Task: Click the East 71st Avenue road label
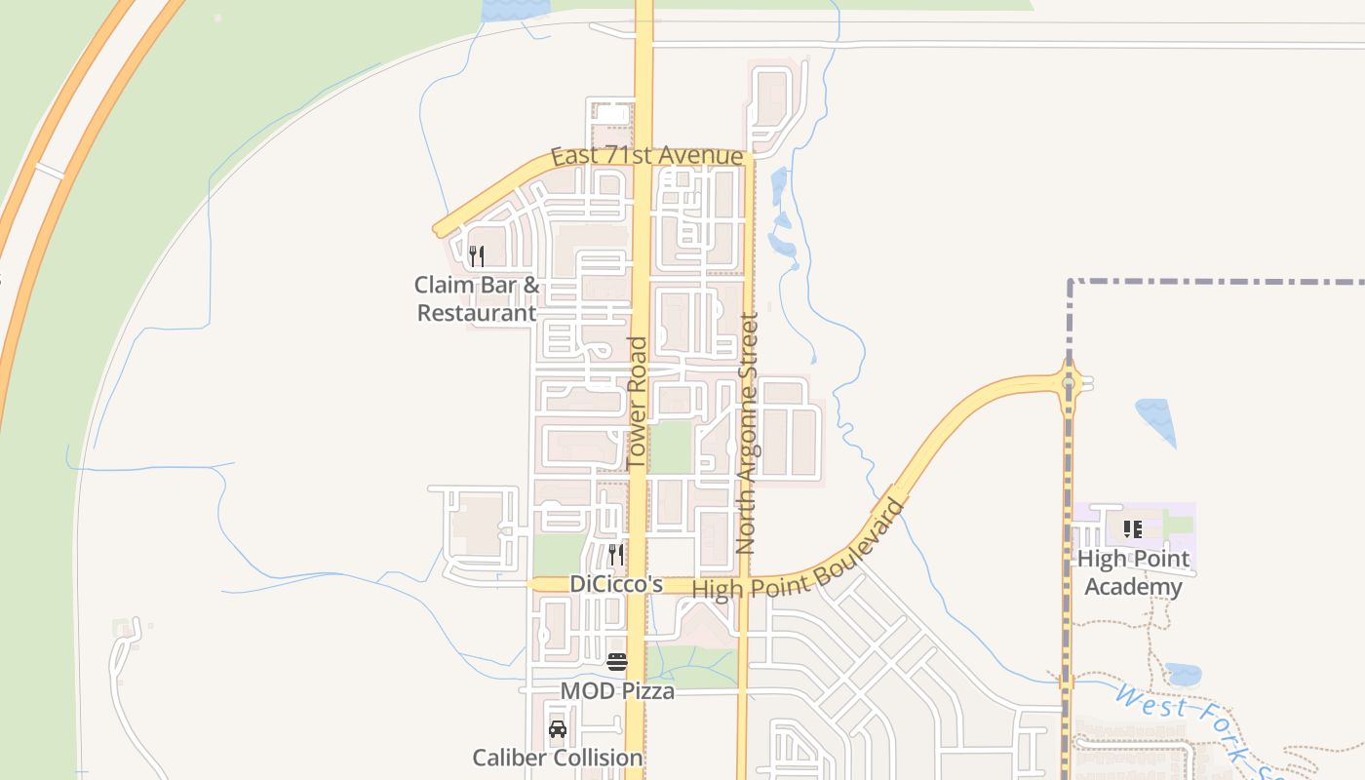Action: click(x=646, y=156)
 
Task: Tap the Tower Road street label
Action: click(x=638, y=402)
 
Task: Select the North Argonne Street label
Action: click(x=748, y=433)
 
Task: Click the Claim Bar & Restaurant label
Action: click(x=477, y=298)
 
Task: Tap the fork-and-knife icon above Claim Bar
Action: click(x=477, y=256)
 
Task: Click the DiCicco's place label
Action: click(x=616, y=584)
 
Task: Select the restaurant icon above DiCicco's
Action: click(x=616, y=555)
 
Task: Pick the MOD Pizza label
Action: click(x=617, y=691)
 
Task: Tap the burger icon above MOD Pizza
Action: click(x=617, y=663)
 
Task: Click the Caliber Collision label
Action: click(x=558, y=758)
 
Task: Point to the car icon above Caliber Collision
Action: click(x=558, y=729)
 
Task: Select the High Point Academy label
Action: click(x=1134, y=572)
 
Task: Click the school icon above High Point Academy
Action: click(x=1133, y=529)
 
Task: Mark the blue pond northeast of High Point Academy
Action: click(x=1156, y=417)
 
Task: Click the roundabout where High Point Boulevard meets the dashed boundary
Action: click(x=1070, y=383)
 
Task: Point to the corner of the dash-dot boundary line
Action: click(x=1071, y=283)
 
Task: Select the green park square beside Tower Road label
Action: click(x=671, y=447)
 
